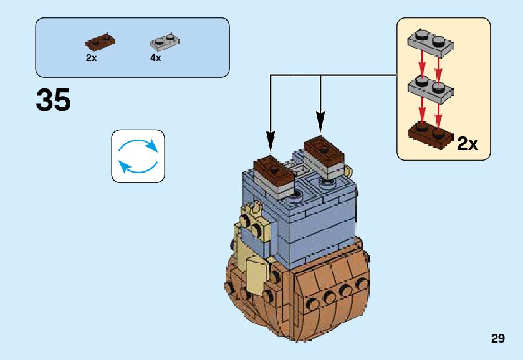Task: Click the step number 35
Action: (x=54, y=100)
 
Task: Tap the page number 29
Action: (x=497, y=339)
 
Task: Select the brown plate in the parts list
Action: (x=100, y=42)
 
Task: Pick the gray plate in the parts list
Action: (x=165, y=42)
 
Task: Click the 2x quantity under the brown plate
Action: (x=91, y=57)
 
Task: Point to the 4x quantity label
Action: (x=155, y=57)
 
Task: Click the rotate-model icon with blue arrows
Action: (x=138, y=156)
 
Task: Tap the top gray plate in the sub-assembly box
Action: (x=429, y=41)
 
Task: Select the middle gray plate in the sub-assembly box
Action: (x=429, y=89)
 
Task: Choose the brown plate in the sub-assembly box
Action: (x=429, y=135)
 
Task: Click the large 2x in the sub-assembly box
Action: (x=468, y=144)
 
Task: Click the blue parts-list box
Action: (x=132, y=47)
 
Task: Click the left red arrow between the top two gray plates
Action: (x=422, y=65)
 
